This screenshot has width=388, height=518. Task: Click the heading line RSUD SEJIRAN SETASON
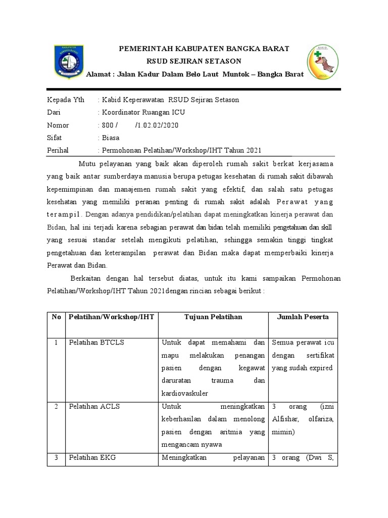pyautogui.click(x=195, y=61)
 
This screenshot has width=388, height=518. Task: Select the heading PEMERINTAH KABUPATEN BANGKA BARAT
pyautogui.click(x=204, y=49)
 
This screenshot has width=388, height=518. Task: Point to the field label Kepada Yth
pyautogui.click(x=66, y=100)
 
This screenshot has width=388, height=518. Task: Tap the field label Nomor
pyautogui.click(x=58, y=125)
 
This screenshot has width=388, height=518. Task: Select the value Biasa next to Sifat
pyautogui.click(x=111, y=138)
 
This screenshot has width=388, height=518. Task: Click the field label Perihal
pyautogui.click(x=59, y=150)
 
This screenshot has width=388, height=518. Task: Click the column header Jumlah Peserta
pyautogui.click(x=303, y=317)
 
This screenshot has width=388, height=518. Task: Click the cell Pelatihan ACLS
pyautogui.click(x=95, y=406)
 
